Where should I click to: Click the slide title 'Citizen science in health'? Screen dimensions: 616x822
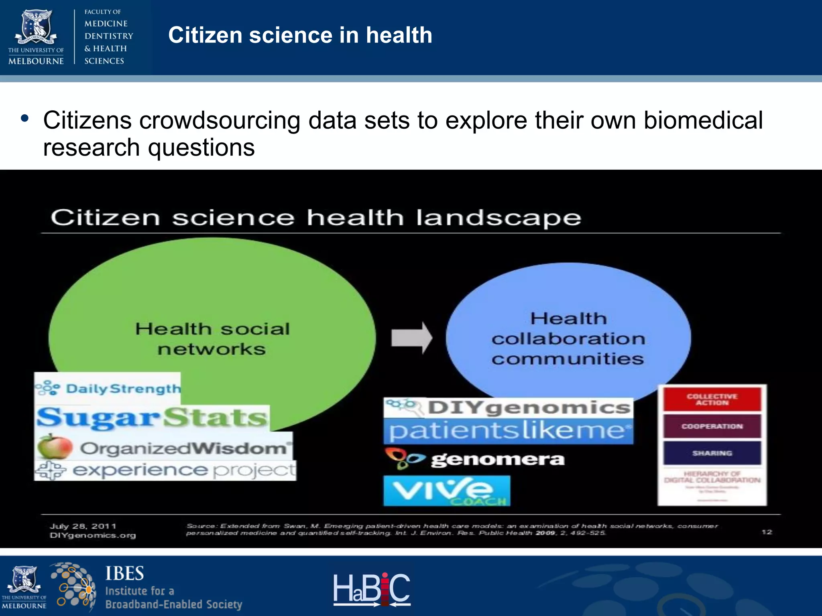click(x=300, y=35)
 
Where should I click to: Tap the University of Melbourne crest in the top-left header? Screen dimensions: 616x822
click(x=36, y=27)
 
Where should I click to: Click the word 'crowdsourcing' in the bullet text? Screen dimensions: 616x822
click(x=220, y=120)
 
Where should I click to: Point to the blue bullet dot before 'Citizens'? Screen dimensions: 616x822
click(x=25, y=119)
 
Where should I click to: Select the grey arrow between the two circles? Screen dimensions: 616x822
click(x=411, y=338)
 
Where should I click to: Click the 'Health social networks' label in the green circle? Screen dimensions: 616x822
click(x=212, y=339)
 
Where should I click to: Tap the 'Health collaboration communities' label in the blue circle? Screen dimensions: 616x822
click(x=568, y=339)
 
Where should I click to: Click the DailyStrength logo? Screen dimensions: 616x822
click(x=108, y=388)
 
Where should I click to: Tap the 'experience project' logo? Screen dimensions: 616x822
click(x=165, y=470)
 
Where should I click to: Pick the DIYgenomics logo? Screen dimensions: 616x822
click(x=508, y=408)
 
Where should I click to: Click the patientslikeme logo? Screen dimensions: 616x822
click(x=508, y=431)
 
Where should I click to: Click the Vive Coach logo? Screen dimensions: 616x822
click(x=447, y=490)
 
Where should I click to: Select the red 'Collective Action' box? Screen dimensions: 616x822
click(x=712, y=399)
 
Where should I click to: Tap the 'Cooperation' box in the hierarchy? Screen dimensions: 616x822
click(x=712, y=426)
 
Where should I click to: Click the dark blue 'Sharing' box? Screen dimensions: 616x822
click(x=712, y=453)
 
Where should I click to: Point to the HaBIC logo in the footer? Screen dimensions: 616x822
click(x=372, y=589)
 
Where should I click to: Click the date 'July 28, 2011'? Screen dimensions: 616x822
click(x=83, y=526)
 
